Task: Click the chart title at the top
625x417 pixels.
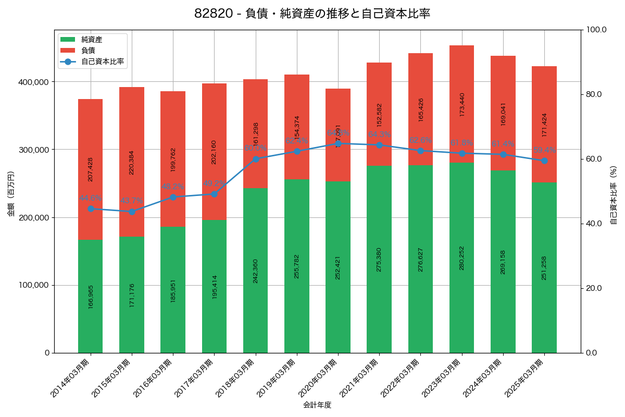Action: [312, 14]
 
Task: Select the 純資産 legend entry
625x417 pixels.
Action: [92, 40]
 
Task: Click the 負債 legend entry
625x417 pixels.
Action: [88, 51]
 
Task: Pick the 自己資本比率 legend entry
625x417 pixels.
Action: [102, 62]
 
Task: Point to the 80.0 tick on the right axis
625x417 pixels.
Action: [593, 94]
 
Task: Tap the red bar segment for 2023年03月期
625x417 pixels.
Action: [461, 104]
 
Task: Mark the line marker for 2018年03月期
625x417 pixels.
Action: [256, 159]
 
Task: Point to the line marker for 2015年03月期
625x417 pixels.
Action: [132, 212]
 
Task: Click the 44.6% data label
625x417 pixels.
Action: [91, 198]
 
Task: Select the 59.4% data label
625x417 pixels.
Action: [544, 150]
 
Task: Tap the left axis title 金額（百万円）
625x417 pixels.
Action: [11, 194]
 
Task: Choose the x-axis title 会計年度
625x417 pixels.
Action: [317, 404]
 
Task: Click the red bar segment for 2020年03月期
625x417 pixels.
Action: [338, 112]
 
